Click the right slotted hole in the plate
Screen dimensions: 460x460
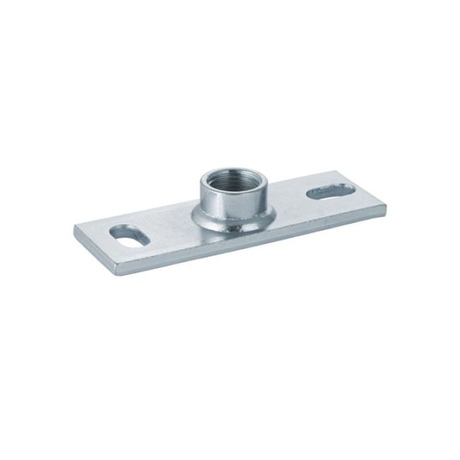point(331,191)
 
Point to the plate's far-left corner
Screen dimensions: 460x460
point(75,228)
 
